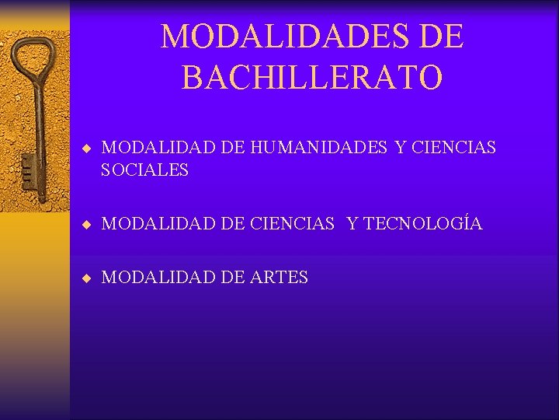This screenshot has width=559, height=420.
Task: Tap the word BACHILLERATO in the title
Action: pos(312,76)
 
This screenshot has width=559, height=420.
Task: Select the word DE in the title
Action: pos(443,37)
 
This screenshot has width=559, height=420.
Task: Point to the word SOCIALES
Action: pos(145,170)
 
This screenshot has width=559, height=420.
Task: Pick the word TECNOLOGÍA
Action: pos(423,224)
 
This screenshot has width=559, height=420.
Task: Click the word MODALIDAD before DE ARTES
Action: pos(158,277)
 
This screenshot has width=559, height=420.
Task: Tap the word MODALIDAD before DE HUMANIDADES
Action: pos(158,147)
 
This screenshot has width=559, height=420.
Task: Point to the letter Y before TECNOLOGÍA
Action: pos(352,224)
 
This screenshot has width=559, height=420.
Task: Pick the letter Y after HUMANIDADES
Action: pos(401,147)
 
